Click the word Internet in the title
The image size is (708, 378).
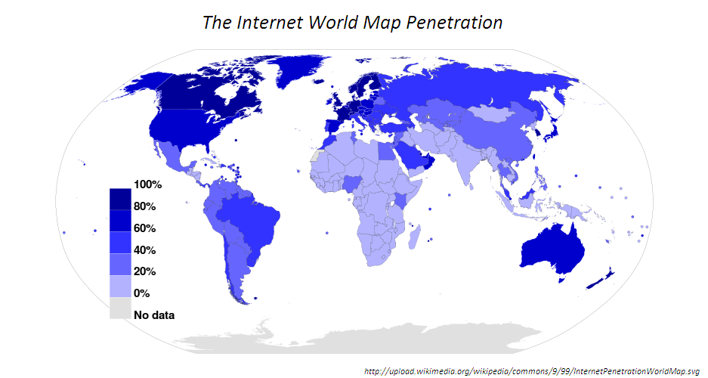click(x=272, y=23)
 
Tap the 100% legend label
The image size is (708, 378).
click(x=147, y=184)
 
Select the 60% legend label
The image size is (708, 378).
click(x=144, y=228)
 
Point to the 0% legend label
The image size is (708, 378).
click(x=142, y=293)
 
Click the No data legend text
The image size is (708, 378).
click(x=154, y=314)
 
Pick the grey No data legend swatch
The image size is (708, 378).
click(x=119, y=308)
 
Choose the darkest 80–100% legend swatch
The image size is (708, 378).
click(x=119, y=199)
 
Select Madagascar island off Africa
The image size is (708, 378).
click(x=414, y=239)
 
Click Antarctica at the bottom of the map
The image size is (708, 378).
click(x=378, y=336)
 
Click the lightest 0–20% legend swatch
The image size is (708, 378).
click(x=119, y=286)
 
